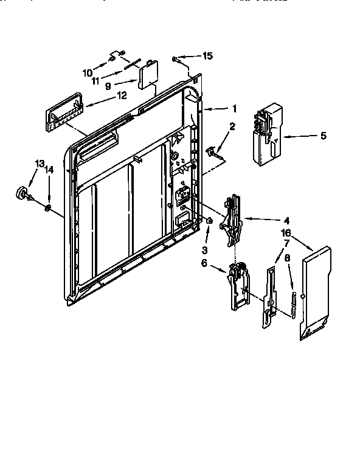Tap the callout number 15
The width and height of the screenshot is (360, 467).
pyautogui.click(x=207, y=56)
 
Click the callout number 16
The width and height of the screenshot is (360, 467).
pyautogui.click(x=286, y=233)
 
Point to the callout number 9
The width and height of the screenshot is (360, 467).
pyautogui.click(x=108, y=86)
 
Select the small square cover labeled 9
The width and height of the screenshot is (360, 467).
pyautogui.click(x=148, y=77)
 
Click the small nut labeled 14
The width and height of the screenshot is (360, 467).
pyautogui.click(x=47, y=209)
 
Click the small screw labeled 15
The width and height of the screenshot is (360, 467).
pyautogui.click(x=176, y=58)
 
